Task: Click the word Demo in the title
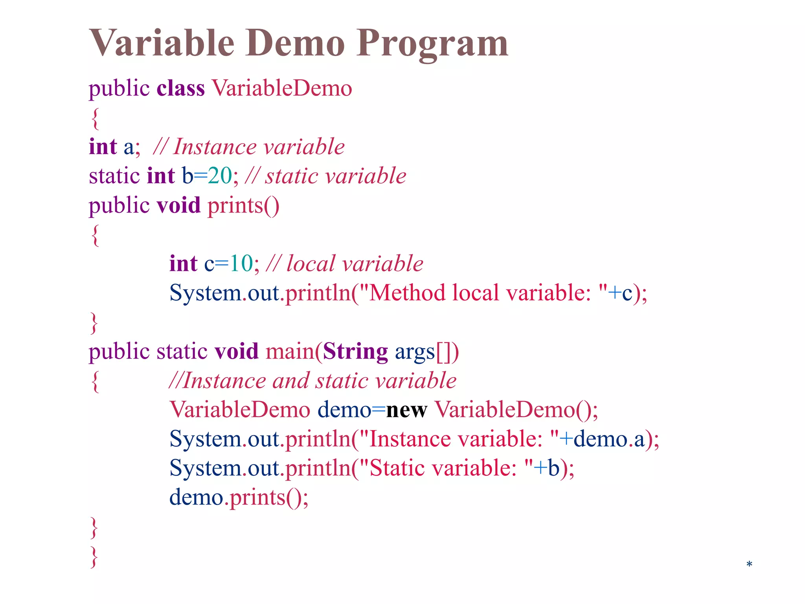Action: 295,43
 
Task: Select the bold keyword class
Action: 180,88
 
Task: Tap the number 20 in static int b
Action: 220,176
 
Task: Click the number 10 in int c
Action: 241,263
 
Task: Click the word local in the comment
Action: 311,263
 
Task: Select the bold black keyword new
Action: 406,410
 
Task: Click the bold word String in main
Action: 355,351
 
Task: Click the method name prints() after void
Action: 243,205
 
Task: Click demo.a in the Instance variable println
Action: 609,439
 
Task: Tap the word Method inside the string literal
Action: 407,293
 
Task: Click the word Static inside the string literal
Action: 397,468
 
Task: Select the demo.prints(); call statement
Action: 239,497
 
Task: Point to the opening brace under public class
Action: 95,118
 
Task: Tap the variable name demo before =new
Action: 344,410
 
